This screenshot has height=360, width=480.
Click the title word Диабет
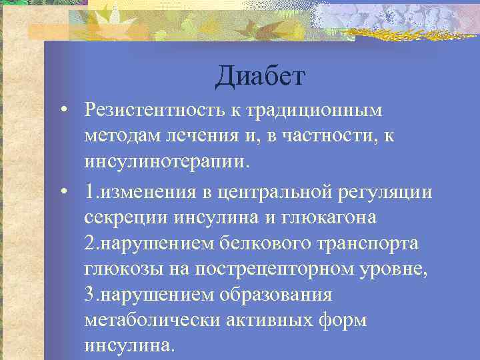point(259,76)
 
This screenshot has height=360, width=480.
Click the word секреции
point(127,218)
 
